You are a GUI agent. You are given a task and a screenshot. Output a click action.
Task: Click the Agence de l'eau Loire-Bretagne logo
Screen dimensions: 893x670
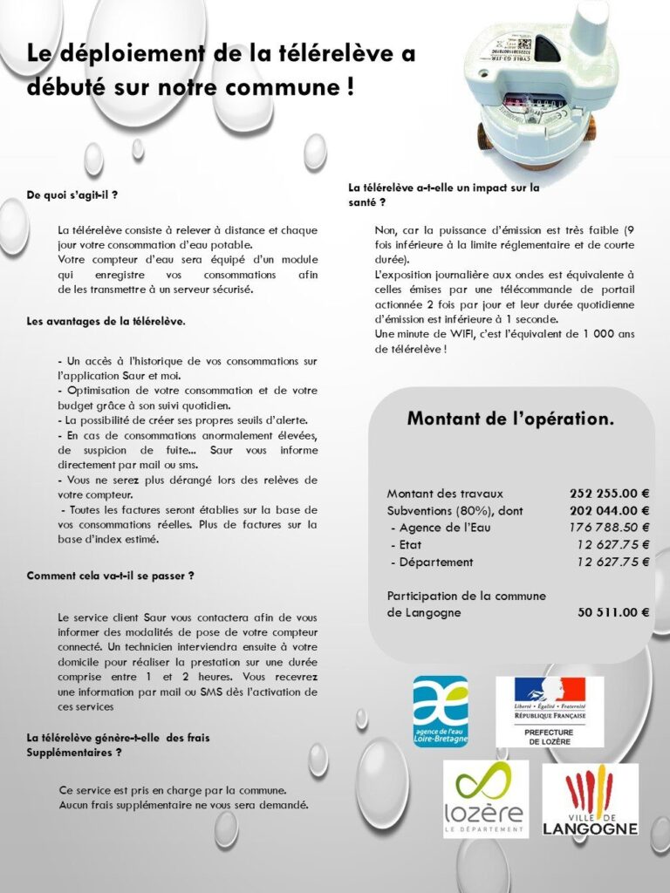pos(440,711)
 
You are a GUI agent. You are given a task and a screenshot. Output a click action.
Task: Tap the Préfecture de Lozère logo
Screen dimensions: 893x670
pos(549,711)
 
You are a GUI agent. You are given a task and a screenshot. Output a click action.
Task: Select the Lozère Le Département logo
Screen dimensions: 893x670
pos(485,799)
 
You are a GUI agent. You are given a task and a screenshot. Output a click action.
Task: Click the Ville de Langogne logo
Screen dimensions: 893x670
pos(590,800)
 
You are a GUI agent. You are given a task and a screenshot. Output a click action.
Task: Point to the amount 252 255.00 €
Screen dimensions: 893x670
pos(609,493)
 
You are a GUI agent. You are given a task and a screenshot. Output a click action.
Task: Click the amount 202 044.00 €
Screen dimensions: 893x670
pos(609,510)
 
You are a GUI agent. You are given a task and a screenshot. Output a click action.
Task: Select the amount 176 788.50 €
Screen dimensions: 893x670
pos(609,528)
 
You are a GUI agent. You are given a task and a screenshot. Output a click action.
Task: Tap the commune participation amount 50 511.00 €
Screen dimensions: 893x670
pos(612,612)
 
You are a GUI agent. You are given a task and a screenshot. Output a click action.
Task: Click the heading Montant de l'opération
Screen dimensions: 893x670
pos(510,419)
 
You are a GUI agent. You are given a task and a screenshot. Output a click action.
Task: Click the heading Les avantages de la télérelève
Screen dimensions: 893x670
pos(106,321)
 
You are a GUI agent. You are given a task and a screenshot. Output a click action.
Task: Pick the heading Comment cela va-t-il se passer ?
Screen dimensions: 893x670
pos(110,576)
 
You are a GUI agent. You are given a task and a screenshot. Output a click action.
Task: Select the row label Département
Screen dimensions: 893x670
pos(435,562)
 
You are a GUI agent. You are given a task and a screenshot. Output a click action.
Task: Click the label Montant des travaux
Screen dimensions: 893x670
pos(445,493)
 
